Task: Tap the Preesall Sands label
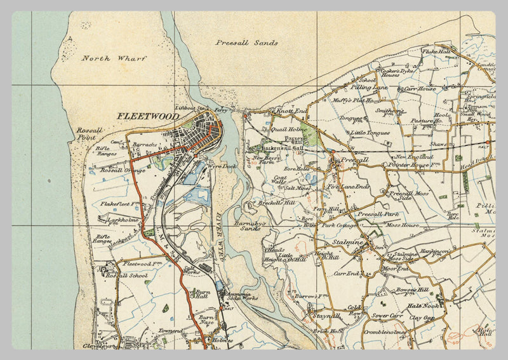coord(246,43)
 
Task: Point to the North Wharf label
coord(114,58)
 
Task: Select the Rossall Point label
coord(85,133)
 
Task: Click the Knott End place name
coord(291,111)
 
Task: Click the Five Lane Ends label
coord(348,187)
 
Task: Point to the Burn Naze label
coord(206,319)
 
